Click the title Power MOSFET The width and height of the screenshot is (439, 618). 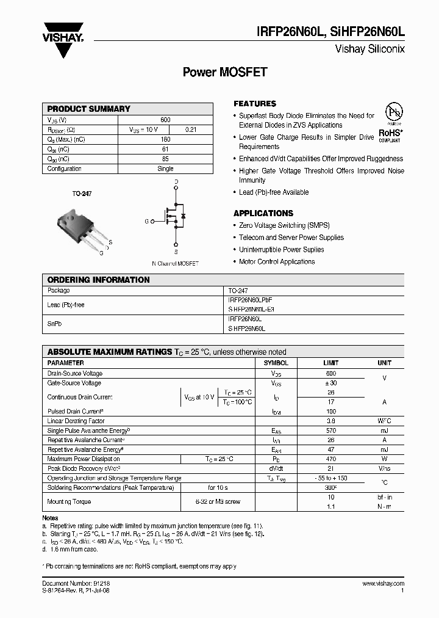coord(225,72)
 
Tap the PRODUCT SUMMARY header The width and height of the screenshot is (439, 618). coord(89,109)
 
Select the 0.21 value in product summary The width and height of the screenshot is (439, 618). coord(191,129)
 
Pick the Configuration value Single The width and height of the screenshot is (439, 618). coord(165,169)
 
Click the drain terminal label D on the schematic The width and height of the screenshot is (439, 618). coord(176,182)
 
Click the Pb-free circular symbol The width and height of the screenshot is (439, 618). coord(393,114)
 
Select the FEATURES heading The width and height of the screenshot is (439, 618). coord(255,104)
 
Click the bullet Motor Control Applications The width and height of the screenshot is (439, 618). coord(277,261)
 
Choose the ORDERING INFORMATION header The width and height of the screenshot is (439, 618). coord(98,280)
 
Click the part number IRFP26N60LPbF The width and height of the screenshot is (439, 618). coord(251,300)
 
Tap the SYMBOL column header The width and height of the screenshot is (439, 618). coord(276,363)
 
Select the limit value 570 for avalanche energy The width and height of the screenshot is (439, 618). coord(331,431)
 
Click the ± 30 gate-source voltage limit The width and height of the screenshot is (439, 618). coord(331,383)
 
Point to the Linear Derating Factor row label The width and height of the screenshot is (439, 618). coord(76,421)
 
